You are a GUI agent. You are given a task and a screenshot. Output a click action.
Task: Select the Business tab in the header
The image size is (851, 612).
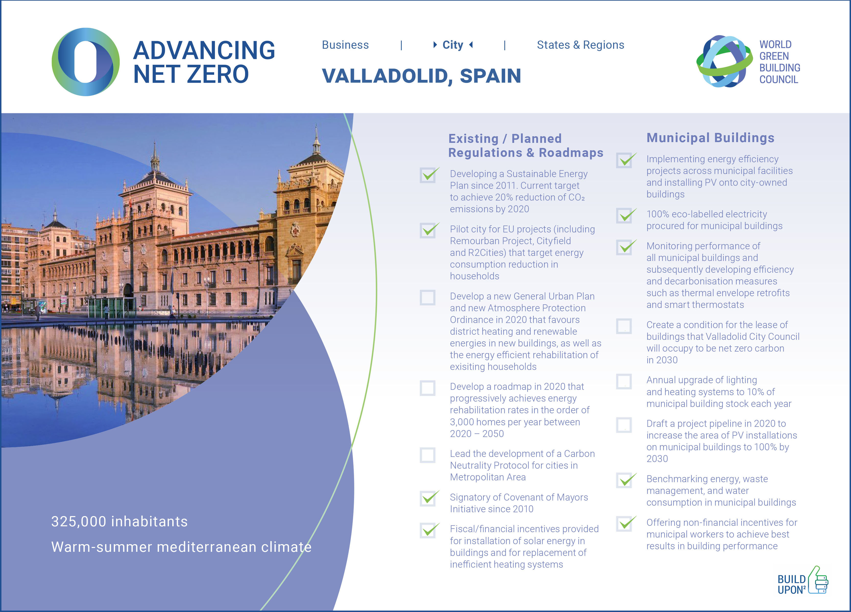345,45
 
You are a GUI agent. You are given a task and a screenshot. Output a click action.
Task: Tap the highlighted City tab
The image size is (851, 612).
453,45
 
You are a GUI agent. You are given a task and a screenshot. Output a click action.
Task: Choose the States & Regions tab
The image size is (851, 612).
580,45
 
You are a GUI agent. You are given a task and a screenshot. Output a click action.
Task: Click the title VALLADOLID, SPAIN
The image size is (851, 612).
421,76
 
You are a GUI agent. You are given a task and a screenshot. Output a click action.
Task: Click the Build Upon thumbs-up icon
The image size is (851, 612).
818,580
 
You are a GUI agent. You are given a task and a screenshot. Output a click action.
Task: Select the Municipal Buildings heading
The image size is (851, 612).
710,138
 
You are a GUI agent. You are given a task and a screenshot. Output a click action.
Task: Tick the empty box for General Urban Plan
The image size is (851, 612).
427,298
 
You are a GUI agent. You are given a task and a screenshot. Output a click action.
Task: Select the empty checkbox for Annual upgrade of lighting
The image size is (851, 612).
624,382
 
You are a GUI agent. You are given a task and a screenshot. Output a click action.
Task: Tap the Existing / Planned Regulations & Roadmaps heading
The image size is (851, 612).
526,145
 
